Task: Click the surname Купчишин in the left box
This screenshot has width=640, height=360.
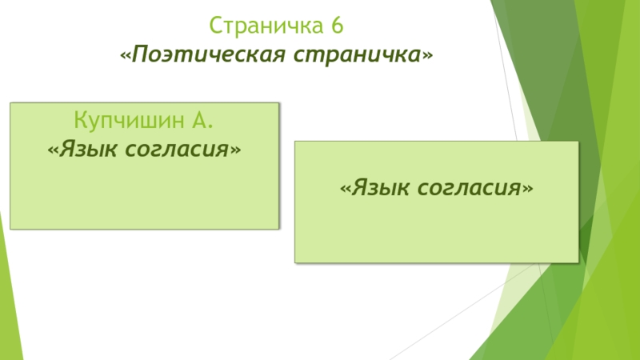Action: pyautogui.click(x=128, y=122)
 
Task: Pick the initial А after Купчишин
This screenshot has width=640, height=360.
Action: pyautogui.click(x=202, y=122)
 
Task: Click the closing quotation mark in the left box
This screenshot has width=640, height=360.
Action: pyautogui.click(x=235, y=150)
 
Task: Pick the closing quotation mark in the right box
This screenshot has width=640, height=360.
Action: pyautogui.click(x=527, y=190)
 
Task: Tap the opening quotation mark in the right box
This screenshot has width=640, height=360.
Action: pyautogui.click(x=345, y=190)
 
